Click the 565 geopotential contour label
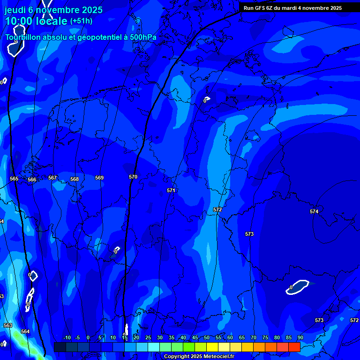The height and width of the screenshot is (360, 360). pyautogui.click(x=14, y=179)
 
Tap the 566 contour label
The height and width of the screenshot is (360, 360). pyautogui.click(x=32, y=180)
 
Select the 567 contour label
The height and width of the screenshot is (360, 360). pyautogui.click(x=52, y=178)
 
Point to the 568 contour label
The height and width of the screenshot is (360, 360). pyautogui.click(x=75, y=179)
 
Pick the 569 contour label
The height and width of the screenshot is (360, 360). pyautogui.click(x=99, y=178)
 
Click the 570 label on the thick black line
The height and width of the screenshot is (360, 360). pyautogui.click(x=133, y=177)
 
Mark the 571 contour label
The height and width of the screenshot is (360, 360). pyautogui.click(x=171, y=190)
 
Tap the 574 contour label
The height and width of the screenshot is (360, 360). pyautogui.click(x=314, y=211)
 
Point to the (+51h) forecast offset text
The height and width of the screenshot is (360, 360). pyautogui.click(x=81, y=21)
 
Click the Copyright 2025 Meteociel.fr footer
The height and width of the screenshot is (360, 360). pyautogui.click(x=199, y=356)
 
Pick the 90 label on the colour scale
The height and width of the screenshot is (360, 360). pyautogui.click(x=300, y=337)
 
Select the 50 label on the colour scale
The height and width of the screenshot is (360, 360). pyautogui.click(x=207, y=337)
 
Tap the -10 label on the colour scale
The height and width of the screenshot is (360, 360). pyautogui.click(x=67, y=337)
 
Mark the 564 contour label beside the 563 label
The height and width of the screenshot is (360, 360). pyautogui.click(x=25, y=331)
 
